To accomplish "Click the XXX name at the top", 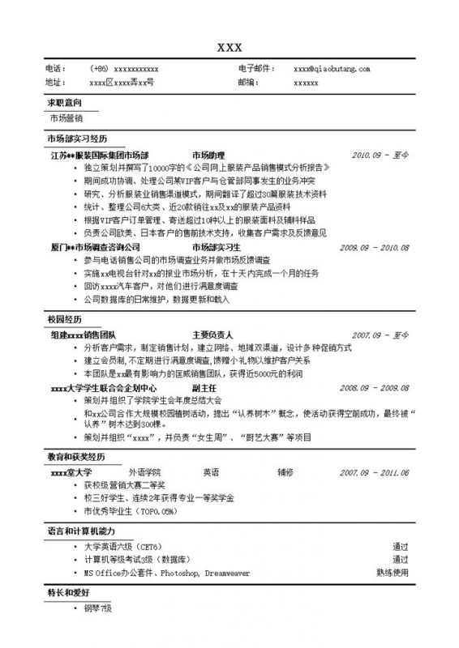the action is [x=229, y=46].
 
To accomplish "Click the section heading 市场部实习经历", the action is [x=77, y=139].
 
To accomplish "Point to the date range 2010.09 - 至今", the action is [x=380, y=154].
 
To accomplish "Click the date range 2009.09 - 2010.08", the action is [x=374, y=247].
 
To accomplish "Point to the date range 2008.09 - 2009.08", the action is [x=374, y=388].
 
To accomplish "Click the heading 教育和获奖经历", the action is [x=77, y=458].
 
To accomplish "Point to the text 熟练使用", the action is [x=393, y=572].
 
